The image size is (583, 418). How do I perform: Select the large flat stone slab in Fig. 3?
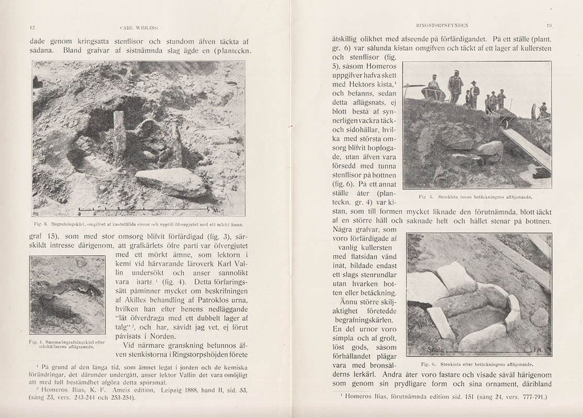point(170,182)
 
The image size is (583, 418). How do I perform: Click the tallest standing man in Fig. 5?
point(455,86)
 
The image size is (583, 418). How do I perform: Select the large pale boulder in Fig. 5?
point(489,150)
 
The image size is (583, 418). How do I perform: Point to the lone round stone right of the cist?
point(538,317)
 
